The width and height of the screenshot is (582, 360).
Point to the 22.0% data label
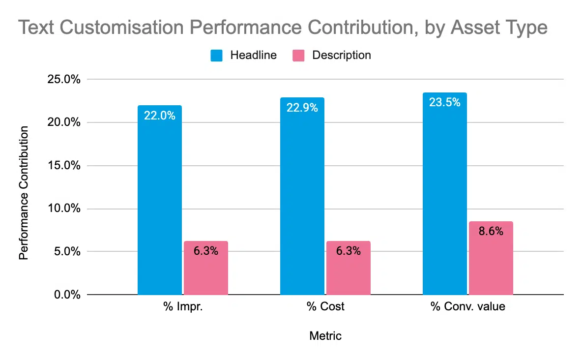point(159,116)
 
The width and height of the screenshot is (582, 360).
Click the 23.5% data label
point(444,103)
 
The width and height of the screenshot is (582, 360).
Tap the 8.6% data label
point(491,231)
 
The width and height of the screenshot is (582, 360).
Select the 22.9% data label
point(302,108)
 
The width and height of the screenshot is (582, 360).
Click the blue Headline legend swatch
point(217,55)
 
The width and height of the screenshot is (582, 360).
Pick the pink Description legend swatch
point(298,55)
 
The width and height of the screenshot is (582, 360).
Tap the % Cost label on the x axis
point(325,307)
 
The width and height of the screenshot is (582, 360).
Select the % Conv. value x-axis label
point(467,307)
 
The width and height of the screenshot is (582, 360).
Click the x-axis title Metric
point(325,336)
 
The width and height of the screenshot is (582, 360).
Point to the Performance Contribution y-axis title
point(23,193)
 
